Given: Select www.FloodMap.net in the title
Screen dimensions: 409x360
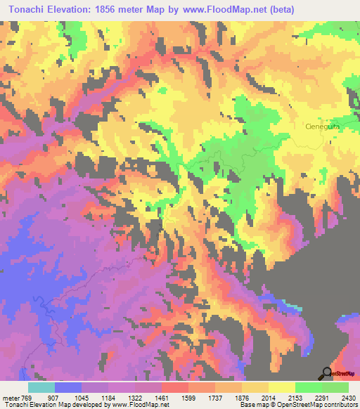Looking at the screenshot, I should (221, 9).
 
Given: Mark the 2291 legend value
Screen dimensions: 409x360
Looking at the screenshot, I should (321, 397).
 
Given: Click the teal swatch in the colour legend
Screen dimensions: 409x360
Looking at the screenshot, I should (41, 387).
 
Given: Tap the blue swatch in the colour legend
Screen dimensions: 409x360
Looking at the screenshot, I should (67, 387).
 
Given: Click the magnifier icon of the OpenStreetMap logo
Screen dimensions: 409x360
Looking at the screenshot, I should (326, 373).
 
